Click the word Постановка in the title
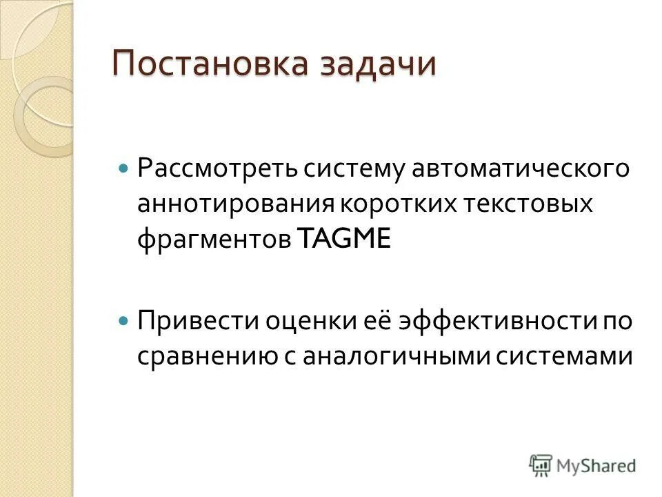[208, 64]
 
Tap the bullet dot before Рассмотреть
[123, 168]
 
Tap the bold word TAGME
[345, 240]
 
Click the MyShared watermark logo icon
[541, 465]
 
